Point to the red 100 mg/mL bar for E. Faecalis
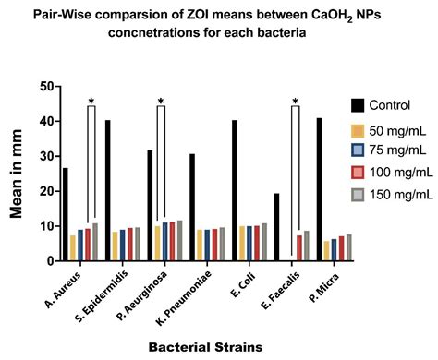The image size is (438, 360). click(x=298, y=248)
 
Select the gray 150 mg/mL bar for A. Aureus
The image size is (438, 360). click(x=95, y=243)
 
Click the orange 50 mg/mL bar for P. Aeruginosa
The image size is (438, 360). click(x=158, y=244)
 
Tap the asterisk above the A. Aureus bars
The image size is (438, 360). click(x=91, y=102)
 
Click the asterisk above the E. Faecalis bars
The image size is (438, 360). click(x=295, y=102)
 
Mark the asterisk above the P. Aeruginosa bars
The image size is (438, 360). click(x=161, y=102)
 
